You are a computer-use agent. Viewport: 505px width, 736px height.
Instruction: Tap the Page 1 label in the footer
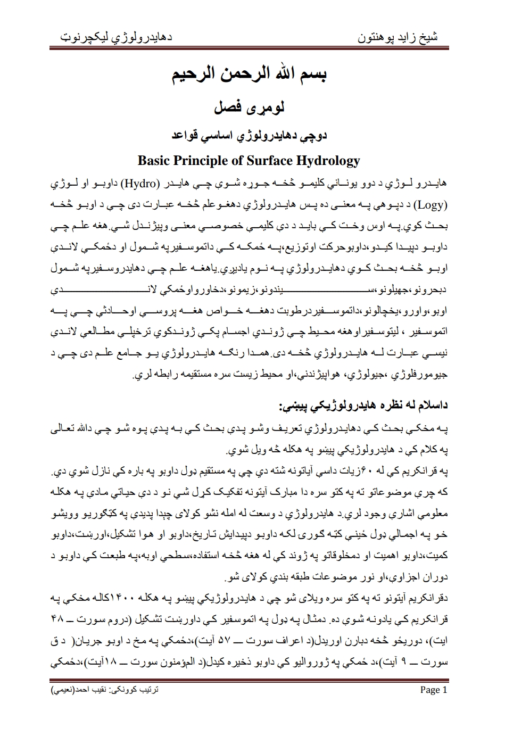[x=434, y=690]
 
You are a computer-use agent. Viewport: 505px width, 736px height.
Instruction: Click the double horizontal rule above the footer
[x=249, y=680]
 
